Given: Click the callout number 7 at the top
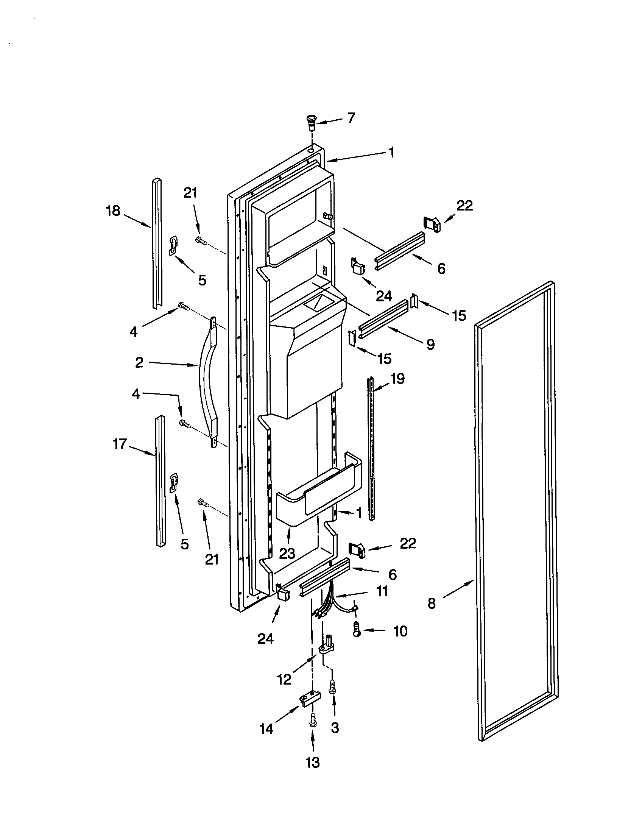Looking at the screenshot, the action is (x=351, y=118).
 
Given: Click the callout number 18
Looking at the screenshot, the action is (x=113, y=211).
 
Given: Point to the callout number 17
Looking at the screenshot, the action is (x=119, y=444).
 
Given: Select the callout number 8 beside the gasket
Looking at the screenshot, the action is (x=431, y=604).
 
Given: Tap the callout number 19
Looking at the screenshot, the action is (x=397, y=379).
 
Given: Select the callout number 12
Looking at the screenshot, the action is (x=284, y=679).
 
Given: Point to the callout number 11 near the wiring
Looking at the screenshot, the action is (x=382, y=591).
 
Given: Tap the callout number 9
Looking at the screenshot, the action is (x=430, y=345).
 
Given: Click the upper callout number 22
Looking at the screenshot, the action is (x=464, y=206).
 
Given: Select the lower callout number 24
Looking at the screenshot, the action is (x=265, y=639).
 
